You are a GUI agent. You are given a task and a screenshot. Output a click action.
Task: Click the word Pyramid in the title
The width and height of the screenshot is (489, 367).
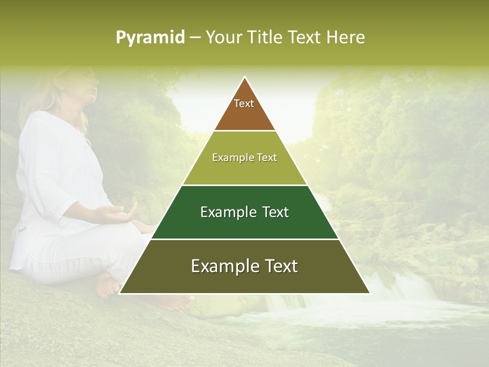[150, 38]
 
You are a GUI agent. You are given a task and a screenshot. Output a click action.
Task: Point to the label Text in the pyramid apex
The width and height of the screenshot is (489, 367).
[244, 103]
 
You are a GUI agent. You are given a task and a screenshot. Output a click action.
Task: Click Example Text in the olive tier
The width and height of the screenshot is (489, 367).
[244, 158]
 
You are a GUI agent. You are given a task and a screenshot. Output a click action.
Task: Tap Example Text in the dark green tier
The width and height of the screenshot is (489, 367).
[244, 212]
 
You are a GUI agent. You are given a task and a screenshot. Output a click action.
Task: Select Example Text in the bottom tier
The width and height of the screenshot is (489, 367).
[244, 266]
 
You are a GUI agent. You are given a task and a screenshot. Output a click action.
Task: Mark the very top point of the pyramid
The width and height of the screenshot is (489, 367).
[244, 77]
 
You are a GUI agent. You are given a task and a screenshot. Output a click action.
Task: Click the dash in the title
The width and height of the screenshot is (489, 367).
[195, 38]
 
